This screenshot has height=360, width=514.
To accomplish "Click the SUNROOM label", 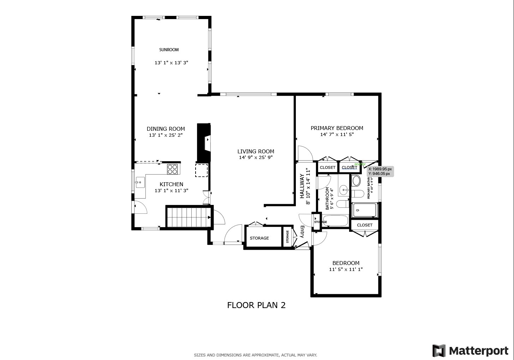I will click(169, 50).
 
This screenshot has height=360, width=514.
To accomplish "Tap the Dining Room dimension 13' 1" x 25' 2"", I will click(166, 135).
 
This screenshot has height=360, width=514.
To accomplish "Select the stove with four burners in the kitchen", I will click(172, 169).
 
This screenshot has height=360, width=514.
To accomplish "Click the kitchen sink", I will click(140, 183).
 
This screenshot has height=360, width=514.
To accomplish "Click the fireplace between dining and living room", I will click(204, 143).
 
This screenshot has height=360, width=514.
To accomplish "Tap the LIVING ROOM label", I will click(256, 152).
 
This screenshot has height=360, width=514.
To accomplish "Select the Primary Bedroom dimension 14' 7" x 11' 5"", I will click(337, 135).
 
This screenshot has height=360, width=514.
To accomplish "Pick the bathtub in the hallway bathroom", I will click(335, 221).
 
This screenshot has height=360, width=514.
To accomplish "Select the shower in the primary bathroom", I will click(364, 210).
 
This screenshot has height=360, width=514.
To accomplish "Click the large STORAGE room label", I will click(259, 238).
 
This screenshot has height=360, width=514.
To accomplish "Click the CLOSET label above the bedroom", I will click(365, 225).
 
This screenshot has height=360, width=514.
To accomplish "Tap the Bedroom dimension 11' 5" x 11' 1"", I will click(346, 270).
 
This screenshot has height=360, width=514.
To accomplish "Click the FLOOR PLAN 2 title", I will click(256, 305).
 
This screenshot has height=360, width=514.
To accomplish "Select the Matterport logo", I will click(471, 351).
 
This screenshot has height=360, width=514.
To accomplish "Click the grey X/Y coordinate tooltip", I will click(380, 171).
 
